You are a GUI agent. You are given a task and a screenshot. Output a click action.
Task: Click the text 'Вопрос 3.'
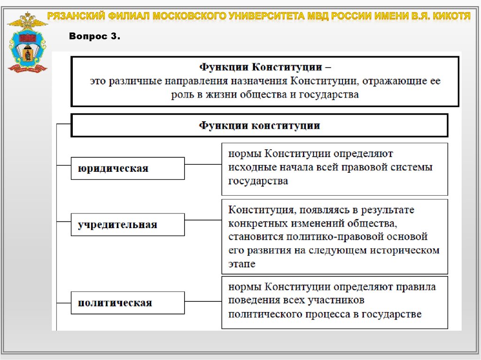[x=94, y=37]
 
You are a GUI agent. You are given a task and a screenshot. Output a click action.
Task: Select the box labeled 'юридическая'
[x=127, y=169]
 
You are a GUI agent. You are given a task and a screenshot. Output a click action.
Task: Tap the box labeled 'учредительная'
[x=127, y=224]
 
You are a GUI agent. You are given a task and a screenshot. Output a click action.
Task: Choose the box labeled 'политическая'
[x=127, y=303]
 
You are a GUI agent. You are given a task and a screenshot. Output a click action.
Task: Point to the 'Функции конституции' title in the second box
[x=259, y=126]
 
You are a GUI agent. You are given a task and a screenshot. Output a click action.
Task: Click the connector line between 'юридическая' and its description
[x=203, y=165]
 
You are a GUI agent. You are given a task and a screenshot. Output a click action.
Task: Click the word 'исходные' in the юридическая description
[x=248, y=167]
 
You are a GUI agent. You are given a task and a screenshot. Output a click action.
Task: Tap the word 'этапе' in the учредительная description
[x=242, y=264]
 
